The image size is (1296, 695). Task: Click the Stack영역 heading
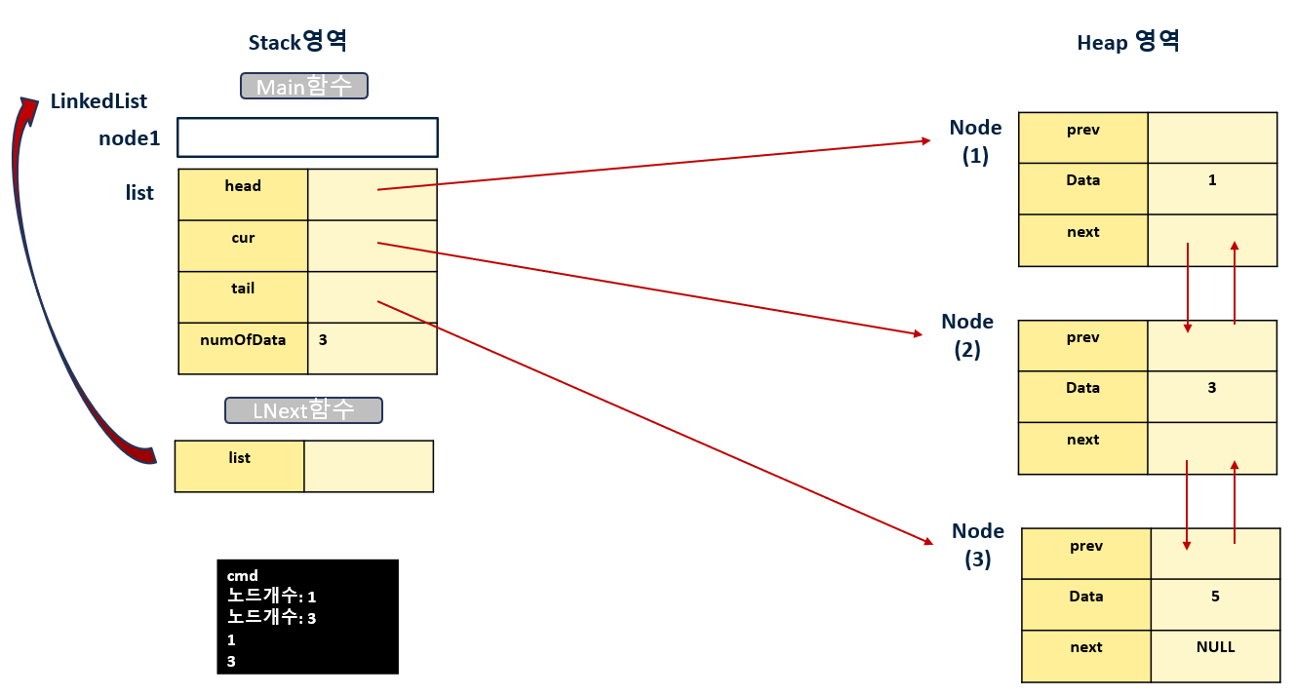298,42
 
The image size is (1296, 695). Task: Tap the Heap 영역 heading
1128,42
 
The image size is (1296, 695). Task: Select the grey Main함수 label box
303,87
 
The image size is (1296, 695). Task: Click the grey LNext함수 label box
303,410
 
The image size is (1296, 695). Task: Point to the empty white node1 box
307,137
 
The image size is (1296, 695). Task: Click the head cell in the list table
243,194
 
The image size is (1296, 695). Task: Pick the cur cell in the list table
243,246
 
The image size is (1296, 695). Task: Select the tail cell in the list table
243,296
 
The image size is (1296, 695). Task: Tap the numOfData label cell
243,348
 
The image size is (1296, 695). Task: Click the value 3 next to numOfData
323,340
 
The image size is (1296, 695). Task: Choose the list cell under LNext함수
240,466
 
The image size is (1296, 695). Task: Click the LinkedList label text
98,101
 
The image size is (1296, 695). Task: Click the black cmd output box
307,616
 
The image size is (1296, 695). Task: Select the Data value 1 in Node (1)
1212,180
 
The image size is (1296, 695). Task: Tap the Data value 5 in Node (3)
1215,597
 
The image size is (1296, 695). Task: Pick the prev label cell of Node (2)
1082,345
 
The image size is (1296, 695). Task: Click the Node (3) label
978,545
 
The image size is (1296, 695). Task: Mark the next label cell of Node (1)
1082,240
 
